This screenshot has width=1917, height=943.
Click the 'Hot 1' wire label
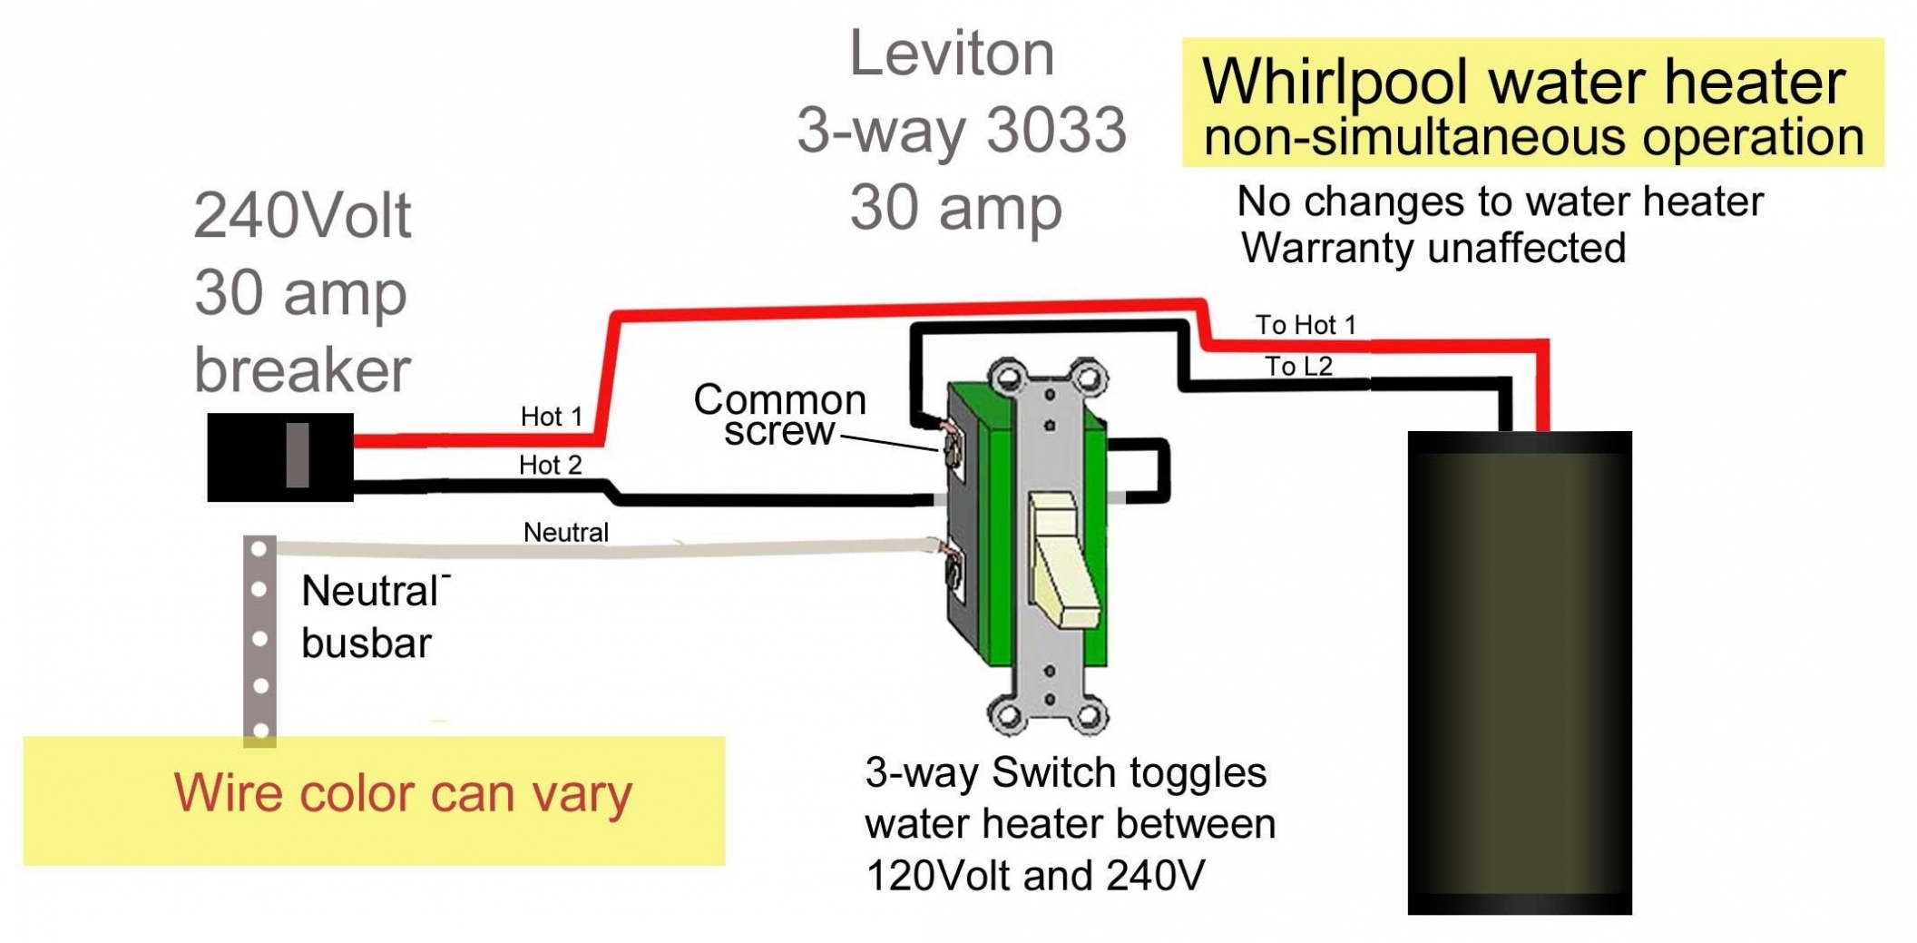(551, 417)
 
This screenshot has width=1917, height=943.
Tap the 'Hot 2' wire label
(550, 466)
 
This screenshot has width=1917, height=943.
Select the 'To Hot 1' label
(1305, 325)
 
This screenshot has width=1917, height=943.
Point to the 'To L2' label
(1298, 367)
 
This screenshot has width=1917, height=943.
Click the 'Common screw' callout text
(779, 415)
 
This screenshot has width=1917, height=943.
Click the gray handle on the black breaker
(297, 455)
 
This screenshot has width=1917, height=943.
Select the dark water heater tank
(1519, 672)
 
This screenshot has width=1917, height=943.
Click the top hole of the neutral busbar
(259, 549)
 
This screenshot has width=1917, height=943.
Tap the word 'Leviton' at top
(951, 54)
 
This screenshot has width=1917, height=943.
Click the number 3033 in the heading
(1055, 130)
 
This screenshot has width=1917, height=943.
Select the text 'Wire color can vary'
(403, 793)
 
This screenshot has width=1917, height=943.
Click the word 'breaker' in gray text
(302, 370)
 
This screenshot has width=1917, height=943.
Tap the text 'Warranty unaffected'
(1433, 248)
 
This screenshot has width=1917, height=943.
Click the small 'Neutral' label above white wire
(565, 533)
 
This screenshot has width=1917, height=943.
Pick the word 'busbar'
(366, 643)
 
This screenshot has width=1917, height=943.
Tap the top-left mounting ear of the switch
(1007, 377)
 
